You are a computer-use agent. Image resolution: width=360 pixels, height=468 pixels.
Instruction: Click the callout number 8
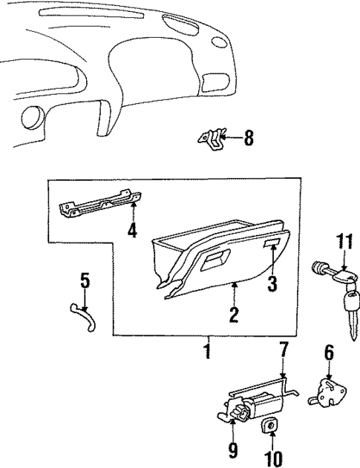(x=249, y=138)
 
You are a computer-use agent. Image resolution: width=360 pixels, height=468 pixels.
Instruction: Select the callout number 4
(x=132, y=231)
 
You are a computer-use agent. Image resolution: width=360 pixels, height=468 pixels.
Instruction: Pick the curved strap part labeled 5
(x=81, y=312)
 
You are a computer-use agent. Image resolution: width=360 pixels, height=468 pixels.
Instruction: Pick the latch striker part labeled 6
(x=327, y=390)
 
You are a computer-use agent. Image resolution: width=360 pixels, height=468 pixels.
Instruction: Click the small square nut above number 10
(x=270, y=425)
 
